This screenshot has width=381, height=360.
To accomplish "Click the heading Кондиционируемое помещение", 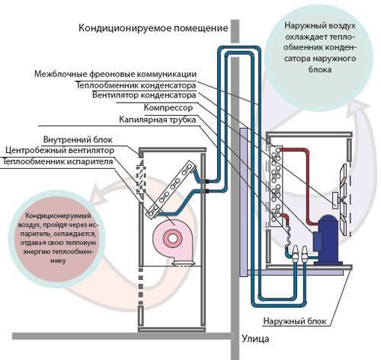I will pos(153,29).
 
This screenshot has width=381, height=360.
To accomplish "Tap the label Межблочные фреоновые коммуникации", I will pos(121,74).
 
